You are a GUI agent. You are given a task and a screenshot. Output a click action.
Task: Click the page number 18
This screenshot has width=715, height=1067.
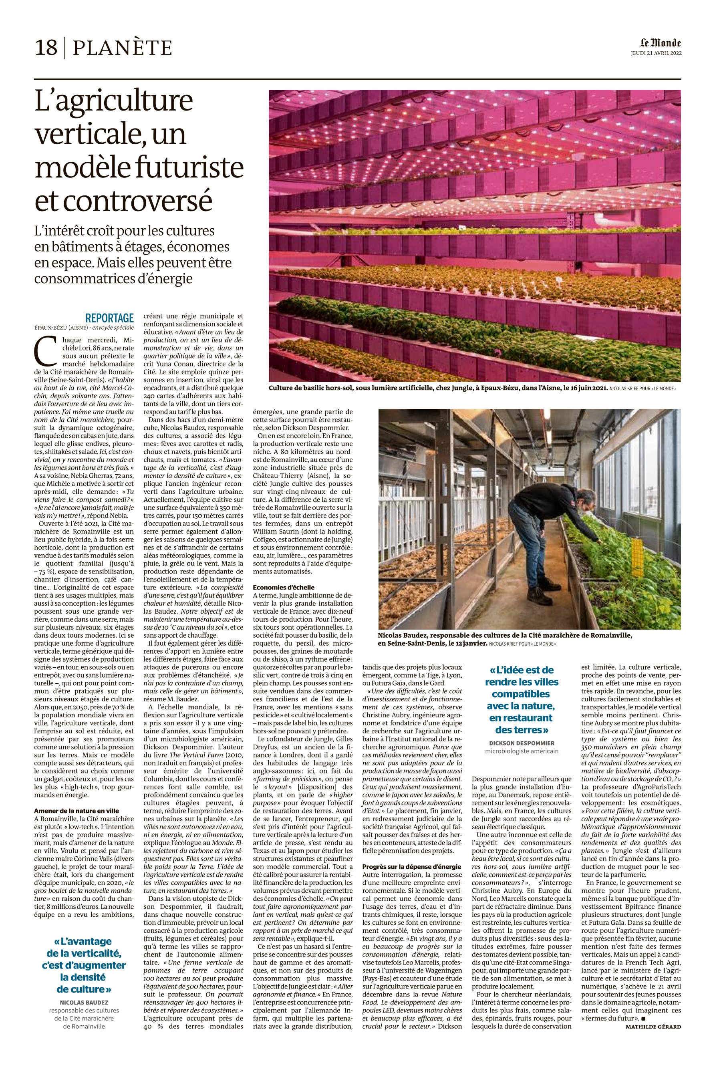coord(46,47)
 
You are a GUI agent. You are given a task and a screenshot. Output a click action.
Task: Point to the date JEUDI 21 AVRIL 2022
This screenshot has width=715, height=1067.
coord(656,53)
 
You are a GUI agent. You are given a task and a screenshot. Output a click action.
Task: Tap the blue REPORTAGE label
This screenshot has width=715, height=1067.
coord(109,318)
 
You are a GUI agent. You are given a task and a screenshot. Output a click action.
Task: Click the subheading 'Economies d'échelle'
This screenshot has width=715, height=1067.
coord(284,587)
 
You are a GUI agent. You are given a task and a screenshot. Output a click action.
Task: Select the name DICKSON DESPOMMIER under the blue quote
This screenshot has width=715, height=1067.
coord(522,743)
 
